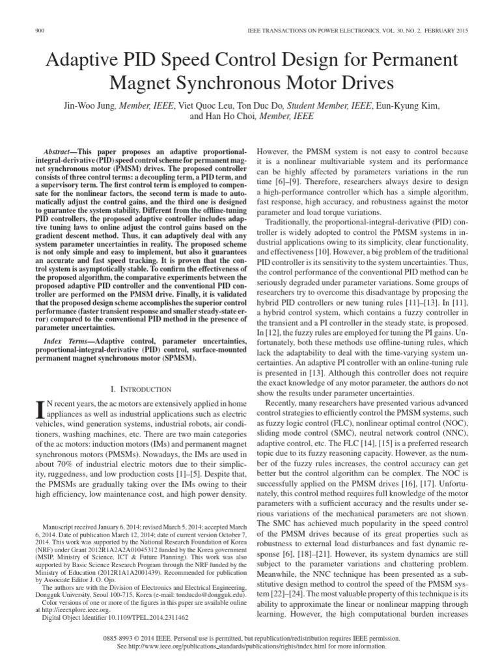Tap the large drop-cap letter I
(39, 410)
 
